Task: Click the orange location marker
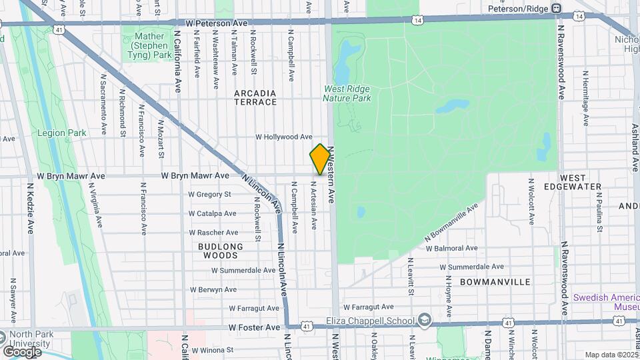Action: pos(320,159)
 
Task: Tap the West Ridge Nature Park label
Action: pos(347,93)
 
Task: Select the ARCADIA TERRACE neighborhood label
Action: pos(255,97)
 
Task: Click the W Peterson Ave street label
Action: pos(216,23)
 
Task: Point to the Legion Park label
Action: pos(62,133)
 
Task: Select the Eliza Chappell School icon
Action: pos(423,321)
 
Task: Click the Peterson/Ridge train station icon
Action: pos(562,9)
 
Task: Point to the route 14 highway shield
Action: pos(417,21)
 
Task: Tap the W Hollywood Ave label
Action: pos(284,137)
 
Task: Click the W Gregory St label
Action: pos(209,195)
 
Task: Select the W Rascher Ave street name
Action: pos(213,233)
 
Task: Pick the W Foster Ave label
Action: pos(254,328)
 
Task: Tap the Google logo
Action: pos(22,351)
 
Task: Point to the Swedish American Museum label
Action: pos(607,301)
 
